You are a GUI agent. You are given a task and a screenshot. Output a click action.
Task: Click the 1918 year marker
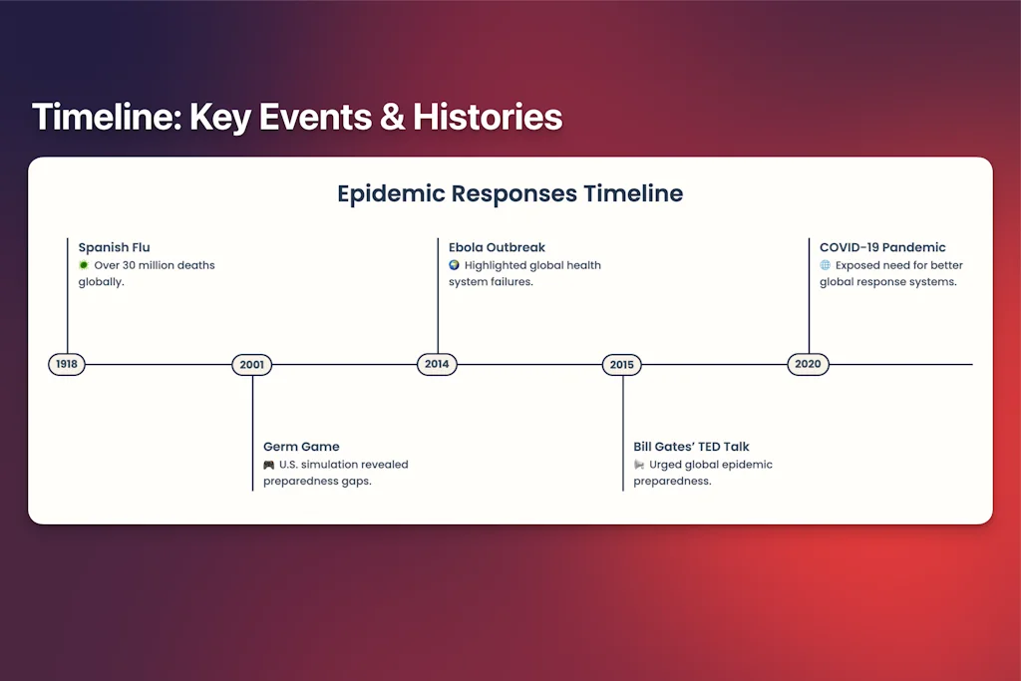(x=67, y=364)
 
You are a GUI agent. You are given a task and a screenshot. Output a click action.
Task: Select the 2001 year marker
(x=252, y=365)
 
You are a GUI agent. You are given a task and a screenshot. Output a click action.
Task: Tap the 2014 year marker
(x=437, y=364)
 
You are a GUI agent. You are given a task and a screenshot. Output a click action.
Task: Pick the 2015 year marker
(x=622, y=365)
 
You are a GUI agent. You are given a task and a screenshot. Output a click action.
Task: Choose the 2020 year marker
(x=808, y=364)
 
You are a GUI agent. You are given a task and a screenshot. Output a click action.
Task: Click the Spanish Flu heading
(x=114, y=247)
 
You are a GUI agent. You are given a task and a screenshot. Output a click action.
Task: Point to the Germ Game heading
(x=301, y=447)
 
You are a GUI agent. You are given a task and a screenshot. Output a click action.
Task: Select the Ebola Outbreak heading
(x=497, y=247)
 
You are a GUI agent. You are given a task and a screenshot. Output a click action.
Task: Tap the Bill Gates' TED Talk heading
(x=692, y=447)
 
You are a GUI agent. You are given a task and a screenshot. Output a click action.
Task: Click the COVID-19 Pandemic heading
(x=882, y=247)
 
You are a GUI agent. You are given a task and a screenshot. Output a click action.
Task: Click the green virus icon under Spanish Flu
(x=84, y=265)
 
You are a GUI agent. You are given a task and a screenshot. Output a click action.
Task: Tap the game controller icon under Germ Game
(x=269, y=465)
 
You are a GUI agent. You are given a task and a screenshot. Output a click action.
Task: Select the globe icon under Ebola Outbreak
(x=454, y=265)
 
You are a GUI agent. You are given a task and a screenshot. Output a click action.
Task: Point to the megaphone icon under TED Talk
(x=639, y=465)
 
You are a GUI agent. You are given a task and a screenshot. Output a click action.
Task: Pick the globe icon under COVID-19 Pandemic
(x=825, y=265)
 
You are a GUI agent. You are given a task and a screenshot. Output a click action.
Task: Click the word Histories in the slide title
(x=488, y=118)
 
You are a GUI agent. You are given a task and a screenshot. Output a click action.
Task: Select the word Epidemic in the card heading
(x=391, y=194)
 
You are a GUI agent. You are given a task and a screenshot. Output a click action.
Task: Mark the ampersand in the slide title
(x=392, y=118)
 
